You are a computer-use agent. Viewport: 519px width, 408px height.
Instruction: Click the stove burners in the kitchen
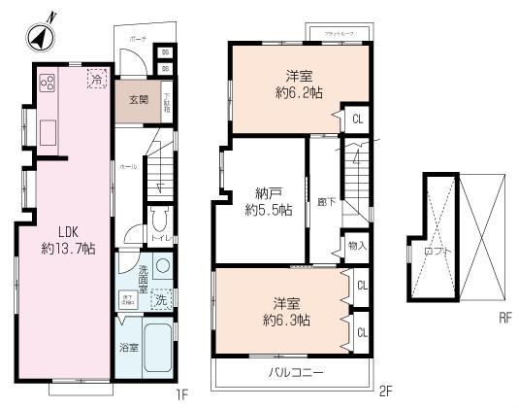coord(46,83)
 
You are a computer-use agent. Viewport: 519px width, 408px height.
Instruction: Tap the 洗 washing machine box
coord(162,300)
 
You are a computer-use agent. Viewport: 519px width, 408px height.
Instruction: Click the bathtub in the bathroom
coord(159,355)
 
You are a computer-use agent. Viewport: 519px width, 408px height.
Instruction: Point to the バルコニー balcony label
coord(291,372)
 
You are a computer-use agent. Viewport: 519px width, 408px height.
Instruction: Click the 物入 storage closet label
coord(356,246)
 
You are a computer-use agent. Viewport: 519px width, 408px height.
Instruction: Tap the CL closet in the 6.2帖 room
coord(358,119)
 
